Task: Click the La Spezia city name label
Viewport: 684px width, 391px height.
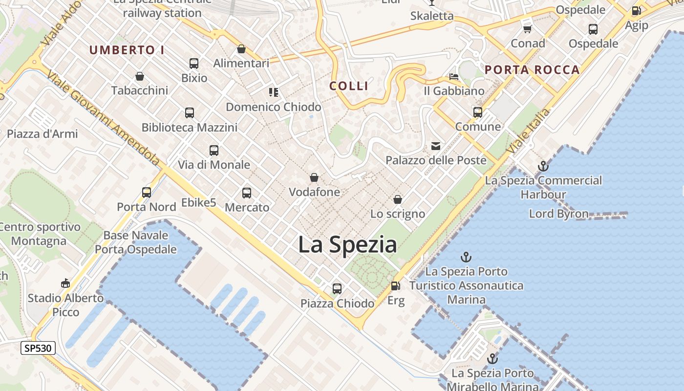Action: [x=347, y=244]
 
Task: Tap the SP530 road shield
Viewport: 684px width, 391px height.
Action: [x=38, y=348]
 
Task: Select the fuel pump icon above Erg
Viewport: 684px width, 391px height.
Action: [x=395, y=285]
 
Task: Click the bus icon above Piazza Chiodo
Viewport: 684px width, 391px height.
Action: [x=337, y=288]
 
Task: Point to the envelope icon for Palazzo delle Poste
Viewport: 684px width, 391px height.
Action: [x=435, y=146]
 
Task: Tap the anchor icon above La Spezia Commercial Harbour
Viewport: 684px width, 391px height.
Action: [x=543, y=166]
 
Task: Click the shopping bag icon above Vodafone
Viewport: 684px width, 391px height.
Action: [x=314, y=177]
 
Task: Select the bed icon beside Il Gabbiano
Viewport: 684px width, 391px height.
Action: [x=454, y=77]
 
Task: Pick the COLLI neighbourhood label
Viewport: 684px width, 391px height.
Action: [x=349, y=86]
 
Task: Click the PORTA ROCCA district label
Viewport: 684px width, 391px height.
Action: [x=532, y=70]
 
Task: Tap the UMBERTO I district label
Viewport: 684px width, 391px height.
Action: [x=127, y=50]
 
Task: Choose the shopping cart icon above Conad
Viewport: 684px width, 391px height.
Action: [x=527, y=29]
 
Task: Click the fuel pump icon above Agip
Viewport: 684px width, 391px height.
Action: [x=636, y=11]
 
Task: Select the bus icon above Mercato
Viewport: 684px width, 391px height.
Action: [x=247, y=193]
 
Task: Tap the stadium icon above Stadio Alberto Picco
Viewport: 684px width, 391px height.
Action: [x=65, y=283]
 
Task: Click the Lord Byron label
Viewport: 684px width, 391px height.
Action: [x=558, y=214]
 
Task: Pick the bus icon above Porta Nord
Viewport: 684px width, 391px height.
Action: [x=147, y=192]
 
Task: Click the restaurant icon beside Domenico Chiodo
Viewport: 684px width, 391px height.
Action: [x=274, y=92]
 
